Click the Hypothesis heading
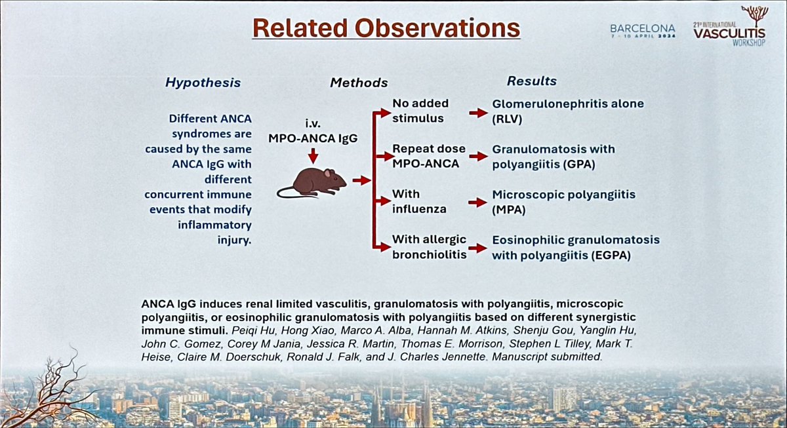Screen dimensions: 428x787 [x=203, y=83]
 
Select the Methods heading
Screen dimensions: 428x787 [x=359, y=83]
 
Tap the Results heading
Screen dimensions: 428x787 [x=531, y=81]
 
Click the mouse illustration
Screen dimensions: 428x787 [x=312, y=182]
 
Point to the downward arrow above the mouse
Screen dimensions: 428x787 [x=313, y=155]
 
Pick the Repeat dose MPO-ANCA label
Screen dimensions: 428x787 [x=425, y=156]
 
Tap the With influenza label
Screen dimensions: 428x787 [x=418, y=202]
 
